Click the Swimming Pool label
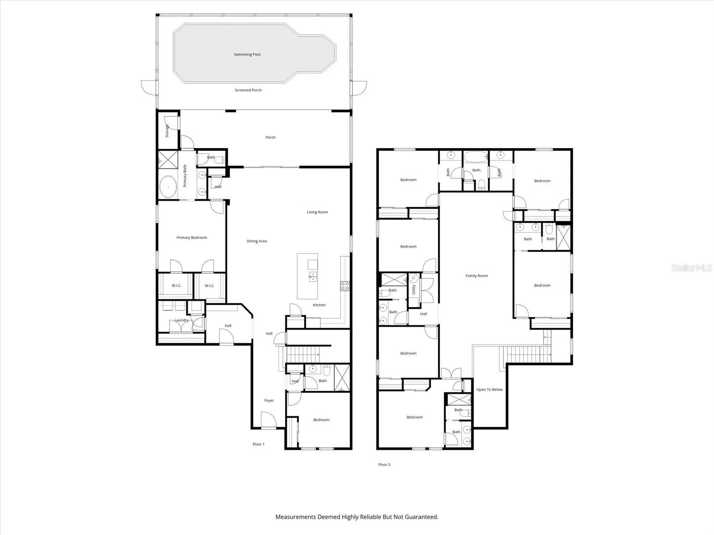coord(247,54)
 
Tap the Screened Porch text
coord(248,90)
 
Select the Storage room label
coord(167,131)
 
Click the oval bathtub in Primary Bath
coord(168,186)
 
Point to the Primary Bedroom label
coord(191,238)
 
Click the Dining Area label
coord(257,241)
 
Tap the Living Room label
coord(317,212)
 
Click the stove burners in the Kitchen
coord(345,286)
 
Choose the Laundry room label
coord(181,320)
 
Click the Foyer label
coord(269,400)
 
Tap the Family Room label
coord(477,276)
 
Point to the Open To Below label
coord(489,390)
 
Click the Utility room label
coord(414,290)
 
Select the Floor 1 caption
coord(258,444)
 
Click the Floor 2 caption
coord(384,465)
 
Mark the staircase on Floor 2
coord(527,355)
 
